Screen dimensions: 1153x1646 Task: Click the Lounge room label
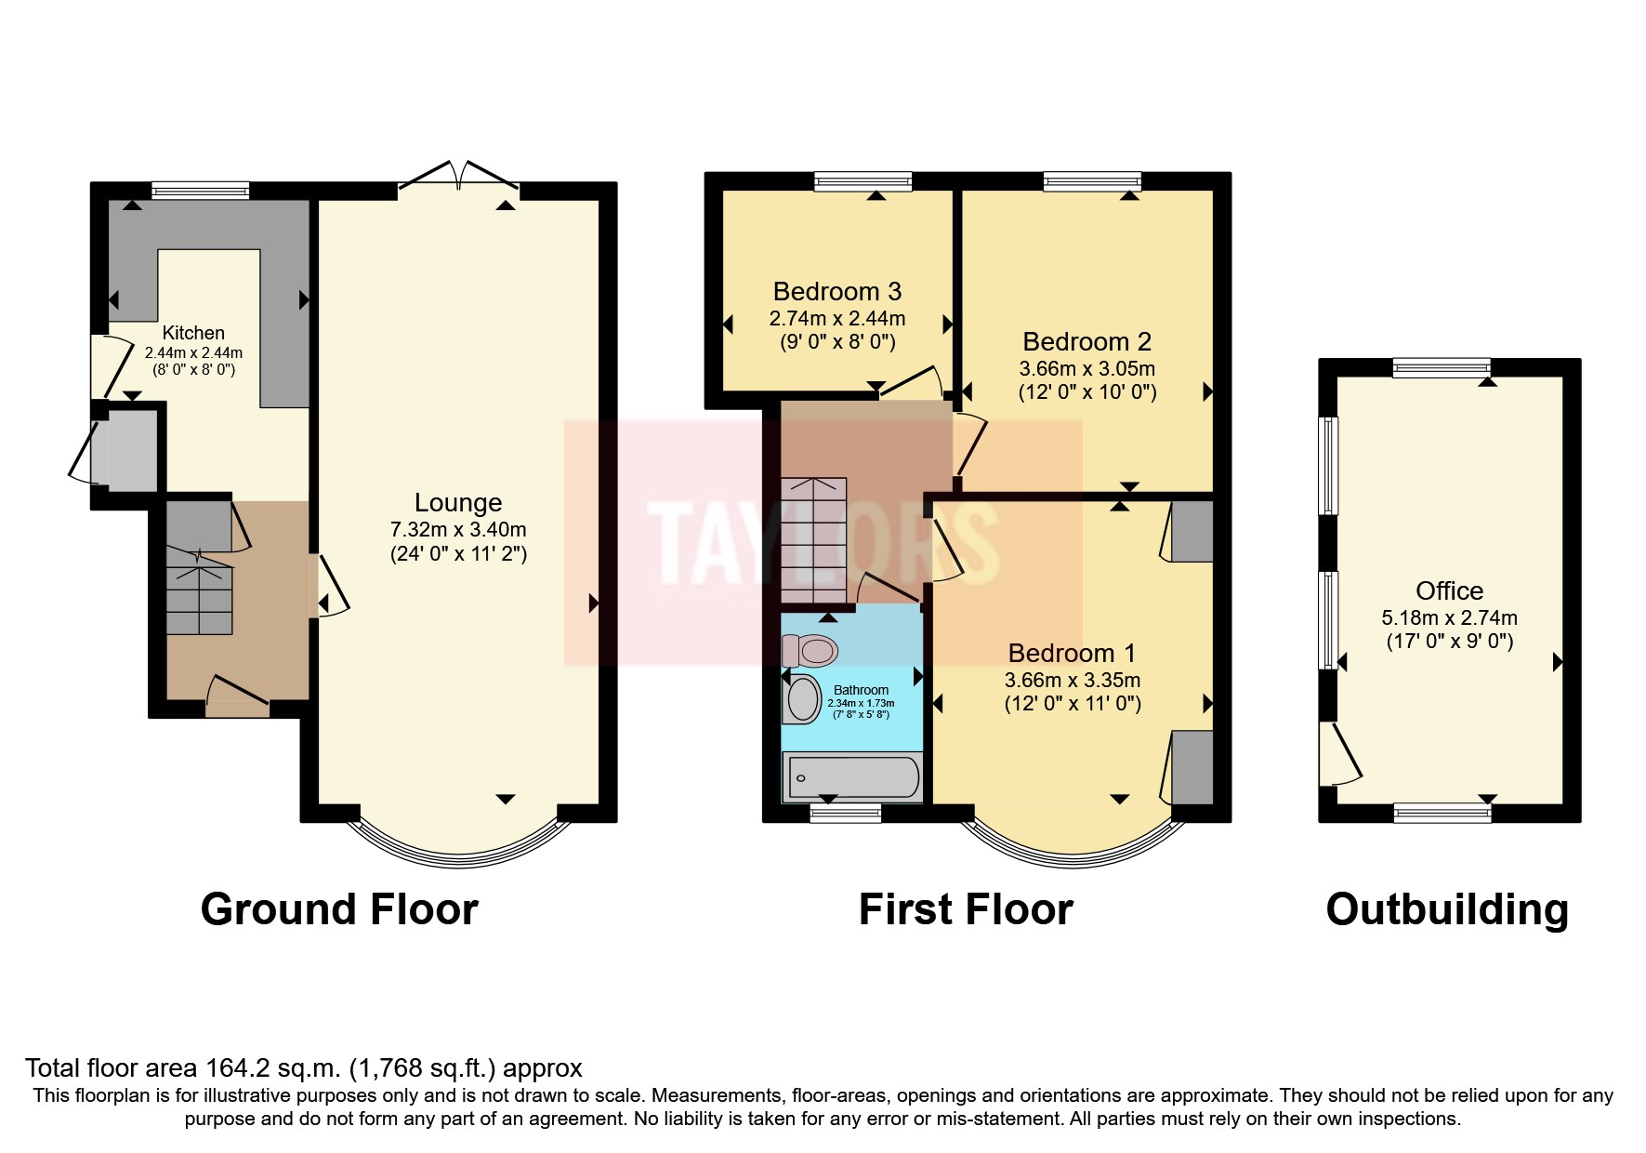pos(458,503)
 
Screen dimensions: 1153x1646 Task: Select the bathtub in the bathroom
pos(853,777)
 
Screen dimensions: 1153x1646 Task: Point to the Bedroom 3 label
pos(836,292)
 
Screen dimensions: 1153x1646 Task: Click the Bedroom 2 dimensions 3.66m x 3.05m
pos(1086,368)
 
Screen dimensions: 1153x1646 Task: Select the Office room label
pos(1448,590)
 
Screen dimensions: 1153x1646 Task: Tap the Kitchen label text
pos(193,333)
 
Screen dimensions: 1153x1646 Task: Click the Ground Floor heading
pos(339,909)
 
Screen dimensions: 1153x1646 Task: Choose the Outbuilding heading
pos(1446,909)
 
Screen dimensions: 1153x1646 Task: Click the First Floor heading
pos(965,909)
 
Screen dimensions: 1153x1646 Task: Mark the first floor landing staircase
pos(813,539)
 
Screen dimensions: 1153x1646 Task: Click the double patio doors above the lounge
pos(459,177)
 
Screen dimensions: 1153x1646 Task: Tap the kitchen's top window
pos(201,191)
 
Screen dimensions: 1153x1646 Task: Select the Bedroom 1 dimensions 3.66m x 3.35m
pos(1073,680)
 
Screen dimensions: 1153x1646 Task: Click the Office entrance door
pos(1340,754)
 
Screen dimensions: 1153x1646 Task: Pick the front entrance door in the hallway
pos(237,696)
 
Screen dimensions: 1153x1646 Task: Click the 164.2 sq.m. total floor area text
pos(304,1067)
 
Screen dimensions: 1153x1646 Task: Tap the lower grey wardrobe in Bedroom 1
pos(1192,767)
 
